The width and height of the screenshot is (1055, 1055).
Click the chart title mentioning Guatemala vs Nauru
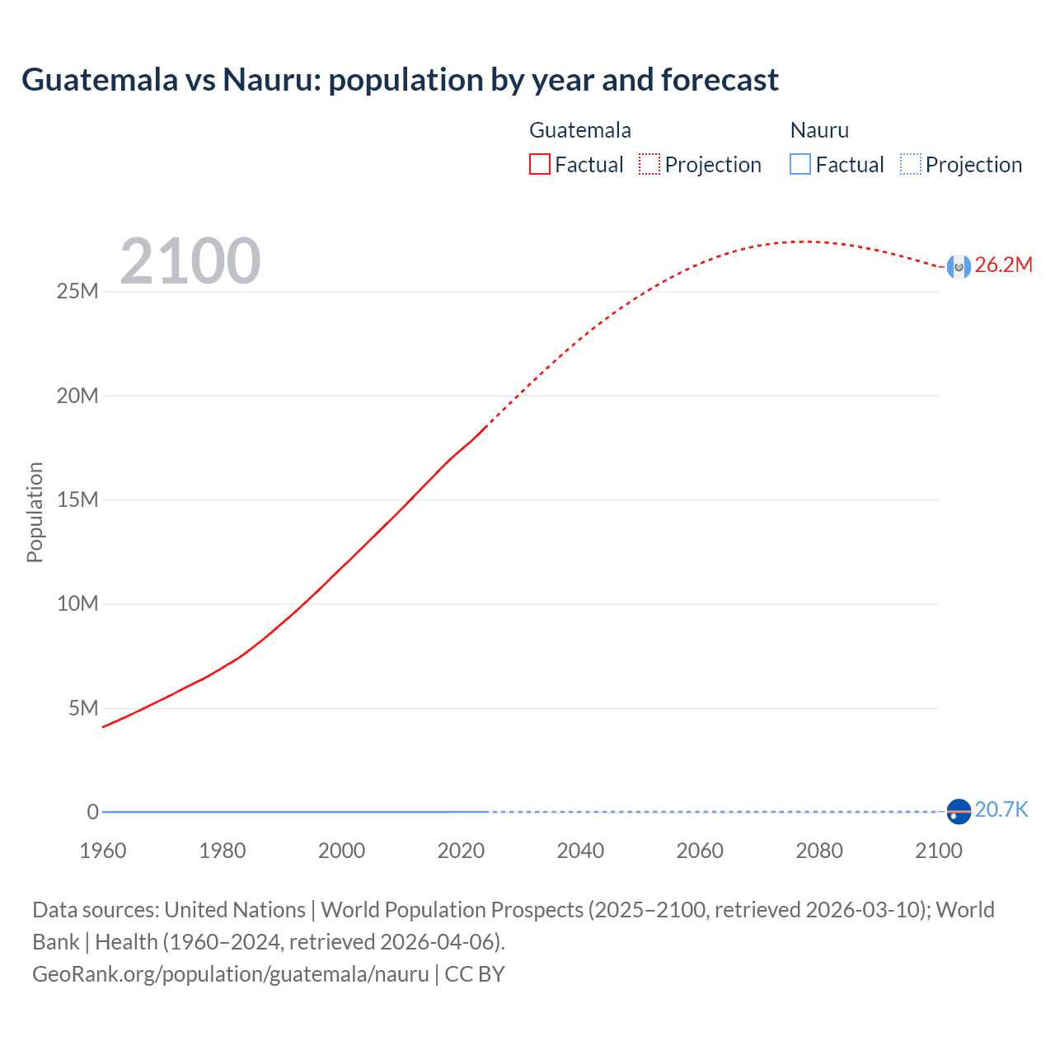pos(400,80)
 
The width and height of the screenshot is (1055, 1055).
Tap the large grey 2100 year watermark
pos(190,261)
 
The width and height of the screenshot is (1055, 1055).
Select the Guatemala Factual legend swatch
pos(540,164)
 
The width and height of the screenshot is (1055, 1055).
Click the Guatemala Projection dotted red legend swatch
pos(649,164)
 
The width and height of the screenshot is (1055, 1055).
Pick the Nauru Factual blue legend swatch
pos(800,164)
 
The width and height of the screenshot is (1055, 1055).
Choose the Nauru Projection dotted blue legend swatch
pos(911,164)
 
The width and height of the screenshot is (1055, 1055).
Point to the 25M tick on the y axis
pos(77,292)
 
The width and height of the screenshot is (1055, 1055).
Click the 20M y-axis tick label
pos(77,396)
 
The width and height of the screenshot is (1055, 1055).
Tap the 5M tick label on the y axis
pos(83,708)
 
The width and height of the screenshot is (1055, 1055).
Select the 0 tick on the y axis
pos(93,812)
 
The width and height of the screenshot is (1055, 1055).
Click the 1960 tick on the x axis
pos(103,851)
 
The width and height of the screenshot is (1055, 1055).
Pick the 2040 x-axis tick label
pos(580,851)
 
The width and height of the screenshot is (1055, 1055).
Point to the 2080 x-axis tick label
pos(819,851)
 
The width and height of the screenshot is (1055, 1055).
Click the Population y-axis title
pos(35,512)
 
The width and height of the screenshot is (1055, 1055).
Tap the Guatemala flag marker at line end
pos(959,266)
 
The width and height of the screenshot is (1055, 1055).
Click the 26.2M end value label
pos(1003,265)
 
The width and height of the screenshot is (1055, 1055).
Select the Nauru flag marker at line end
pos(959,812)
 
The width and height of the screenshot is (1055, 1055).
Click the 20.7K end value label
pos(1001,810)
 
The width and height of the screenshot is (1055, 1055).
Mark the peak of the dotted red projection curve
pos(804,241)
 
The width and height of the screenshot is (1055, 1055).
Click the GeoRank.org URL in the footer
pos(231,974)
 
